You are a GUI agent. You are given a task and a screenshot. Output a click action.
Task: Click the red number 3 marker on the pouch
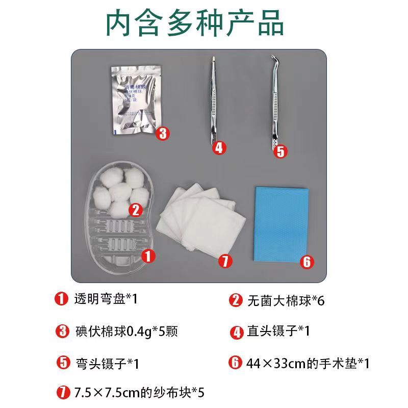(162, 134)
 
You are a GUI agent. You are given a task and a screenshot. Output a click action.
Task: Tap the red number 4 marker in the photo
(219, 148)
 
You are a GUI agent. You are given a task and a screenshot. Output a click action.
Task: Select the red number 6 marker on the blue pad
(306, 262)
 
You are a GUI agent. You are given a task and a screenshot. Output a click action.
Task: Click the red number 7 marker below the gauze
(225, 261)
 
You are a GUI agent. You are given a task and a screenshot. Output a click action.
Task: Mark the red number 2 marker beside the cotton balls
(136, 209)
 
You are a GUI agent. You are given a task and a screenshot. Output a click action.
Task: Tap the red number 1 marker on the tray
(147, 256)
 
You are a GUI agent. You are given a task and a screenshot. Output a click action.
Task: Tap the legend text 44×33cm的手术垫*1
(308, 363)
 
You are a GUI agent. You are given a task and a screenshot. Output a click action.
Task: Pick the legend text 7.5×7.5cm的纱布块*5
(139, 393)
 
